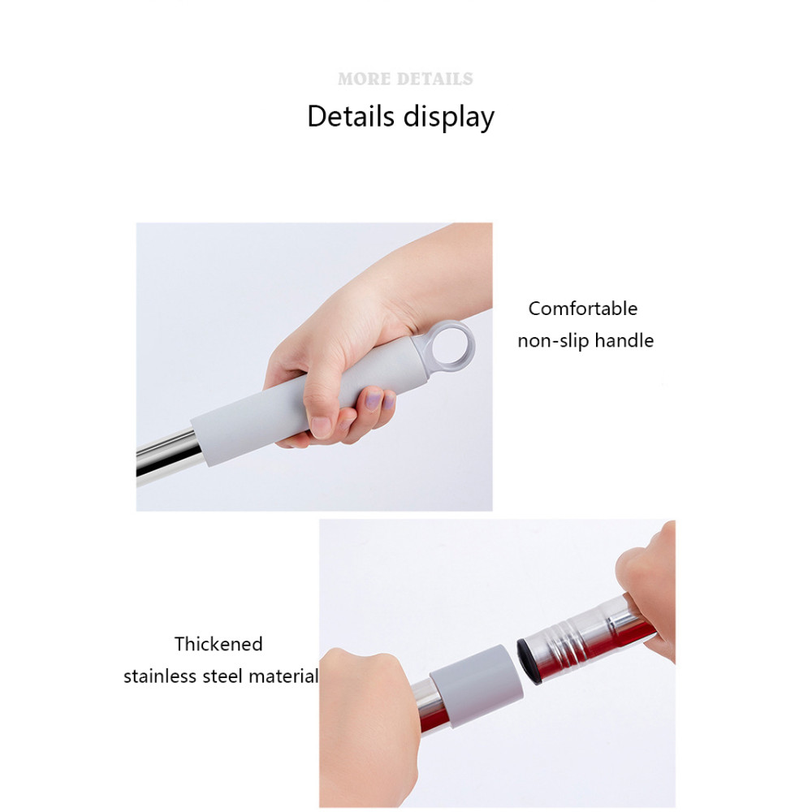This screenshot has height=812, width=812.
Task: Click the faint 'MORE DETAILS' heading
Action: coord(405,79)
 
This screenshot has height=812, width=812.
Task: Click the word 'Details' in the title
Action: coord(351,116)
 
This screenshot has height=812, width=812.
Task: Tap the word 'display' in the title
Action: coord(449,117)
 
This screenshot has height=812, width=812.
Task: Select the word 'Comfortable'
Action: coord(582,309)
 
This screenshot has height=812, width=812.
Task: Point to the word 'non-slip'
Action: coord(553,341)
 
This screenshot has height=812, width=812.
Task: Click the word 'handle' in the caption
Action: coord(624,341)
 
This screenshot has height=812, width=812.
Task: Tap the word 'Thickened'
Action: coord(218,644)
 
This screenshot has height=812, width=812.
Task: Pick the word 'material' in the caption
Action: coord(283,676)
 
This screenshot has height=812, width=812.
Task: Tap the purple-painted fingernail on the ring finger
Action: coord(373,399)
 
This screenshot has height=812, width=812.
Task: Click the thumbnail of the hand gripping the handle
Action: coord(321,426)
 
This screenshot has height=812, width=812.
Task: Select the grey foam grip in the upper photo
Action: coord(311,400)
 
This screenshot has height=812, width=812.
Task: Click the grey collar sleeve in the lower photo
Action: coord(475,686)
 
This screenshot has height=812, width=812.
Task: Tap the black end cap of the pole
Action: coord(528,661)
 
